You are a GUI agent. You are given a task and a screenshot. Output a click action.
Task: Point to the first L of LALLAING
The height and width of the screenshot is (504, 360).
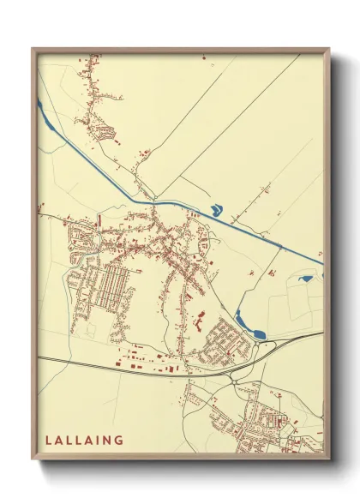(48, 440)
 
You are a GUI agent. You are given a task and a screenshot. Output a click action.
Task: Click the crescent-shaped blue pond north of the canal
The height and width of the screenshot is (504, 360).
(215, 208)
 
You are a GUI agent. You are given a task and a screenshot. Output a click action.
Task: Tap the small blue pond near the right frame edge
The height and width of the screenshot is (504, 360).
(305, 278)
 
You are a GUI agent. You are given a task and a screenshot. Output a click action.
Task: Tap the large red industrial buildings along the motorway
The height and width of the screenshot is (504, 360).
(146, 359)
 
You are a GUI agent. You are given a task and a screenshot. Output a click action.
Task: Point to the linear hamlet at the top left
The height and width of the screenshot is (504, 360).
(92, 94)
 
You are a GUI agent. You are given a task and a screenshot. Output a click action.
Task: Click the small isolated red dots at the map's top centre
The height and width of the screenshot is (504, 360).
(204, 58)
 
